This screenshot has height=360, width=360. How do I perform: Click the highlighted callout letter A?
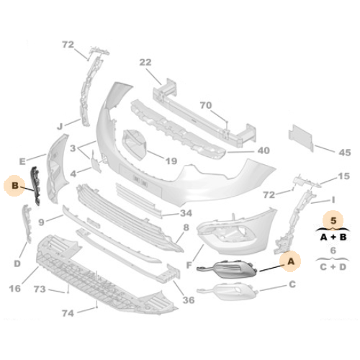click(x=291, y=261)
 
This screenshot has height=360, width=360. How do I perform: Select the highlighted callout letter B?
click(x=15, y=185)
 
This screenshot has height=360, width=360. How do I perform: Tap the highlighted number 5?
click(x=333, y=220)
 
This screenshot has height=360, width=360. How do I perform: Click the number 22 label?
click(x=145, y=63)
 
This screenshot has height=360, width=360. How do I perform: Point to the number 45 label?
click(x=345, y=153)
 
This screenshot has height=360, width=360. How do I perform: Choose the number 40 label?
click(x=264, y=150)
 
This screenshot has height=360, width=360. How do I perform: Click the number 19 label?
click(x=171, y=161)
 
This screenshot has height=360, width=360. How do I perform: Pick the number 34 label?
click(x=186, y=213)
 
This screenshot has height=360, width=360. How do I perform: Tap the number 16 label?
click(x=15, y=289)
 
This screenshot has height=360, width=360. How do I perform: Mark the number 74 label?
click(x=68, y=313)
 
